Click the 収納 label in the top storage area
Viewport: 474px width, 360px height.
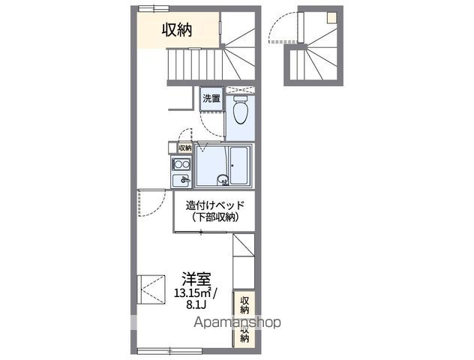pos(177,30)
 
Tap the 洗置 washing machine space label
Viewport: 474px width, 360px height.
pos(211,98)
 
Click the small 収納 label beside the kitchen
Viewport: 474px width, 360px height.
pos(184,148)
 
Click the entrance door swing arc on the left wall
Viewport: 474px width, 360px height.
pos(152,203)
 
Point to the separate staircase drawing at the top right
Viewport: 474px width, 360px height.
pos(316,45)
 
